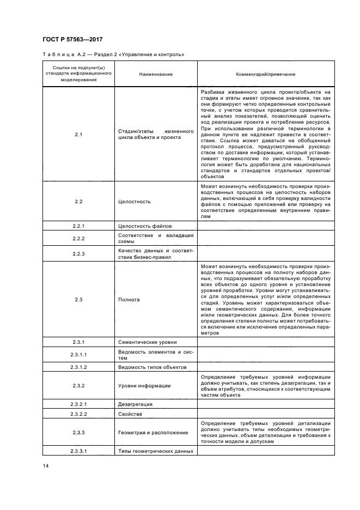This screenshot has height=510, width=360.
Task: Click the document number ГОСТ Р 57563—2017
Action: (x=72, y=39)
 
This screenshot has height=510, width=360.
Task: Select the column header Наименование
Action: (x=155, y=74)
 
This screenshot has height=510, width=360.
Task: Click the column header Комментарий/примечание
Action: (x=265, y=74)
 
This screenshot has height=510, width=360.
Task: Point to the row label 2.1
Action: (x=78, y=134)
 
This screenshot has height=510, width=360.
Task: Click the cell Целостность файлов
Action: (x=144, y=226)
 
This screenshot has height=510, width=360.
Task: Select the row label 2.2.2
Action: (x=78, y=239)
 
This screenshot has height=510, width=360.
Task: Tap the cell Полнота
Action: (x=129, y=300)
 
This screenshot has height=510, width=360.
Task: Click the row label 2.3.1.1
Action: (x=78, y=355)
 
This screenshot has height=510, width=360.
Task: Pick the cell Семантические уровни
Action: (x=147, y=342)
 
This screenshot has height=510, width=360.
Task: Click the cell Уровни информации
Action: (x=144, y=386)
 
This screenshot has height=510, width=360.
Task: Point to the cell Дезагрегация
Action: (x=135, y=404)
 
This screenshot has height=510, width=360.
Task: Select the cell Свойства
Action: (x=130, y=414)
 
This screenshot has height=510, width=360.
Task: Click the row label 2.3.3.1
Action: (x=78, y=451)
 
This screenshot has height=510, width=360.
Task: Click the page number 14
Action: (x=46, y=465)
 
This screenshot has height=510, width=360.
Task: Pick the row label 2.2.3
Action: (x=78, y=253)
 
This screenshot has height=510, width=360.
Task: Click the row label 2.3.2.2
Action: (x=78, y=414)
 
